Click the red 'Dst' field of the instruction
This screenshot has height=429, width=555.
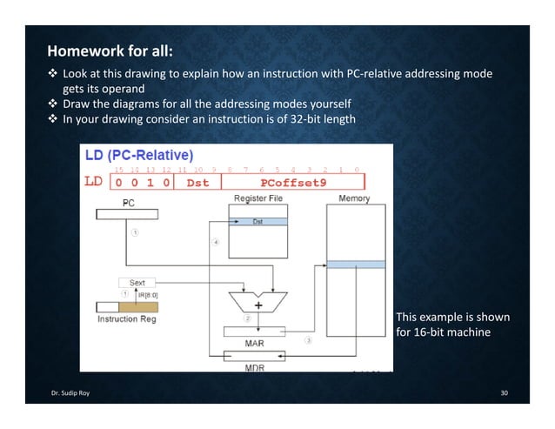(x=197, y=183)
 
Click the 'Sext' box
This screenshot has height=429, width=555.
(x=137, y=283)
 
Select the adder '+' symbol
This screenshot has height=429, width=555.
(x=258, y=305)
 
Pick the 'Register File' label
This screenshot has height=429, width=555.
(x=257, y=198)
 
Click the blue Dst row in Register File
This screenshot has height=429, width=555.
(x=257, y=222)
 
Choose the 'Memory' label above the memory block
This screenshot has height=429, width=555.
(x=353, y=198)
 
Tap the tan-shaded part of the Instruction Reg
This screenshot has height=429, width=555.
(x=138, y=306)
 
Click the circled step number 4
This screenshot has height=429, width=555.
(x=215, y=242)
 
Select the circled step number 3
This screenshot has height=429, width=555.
(x=307, y=339)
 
